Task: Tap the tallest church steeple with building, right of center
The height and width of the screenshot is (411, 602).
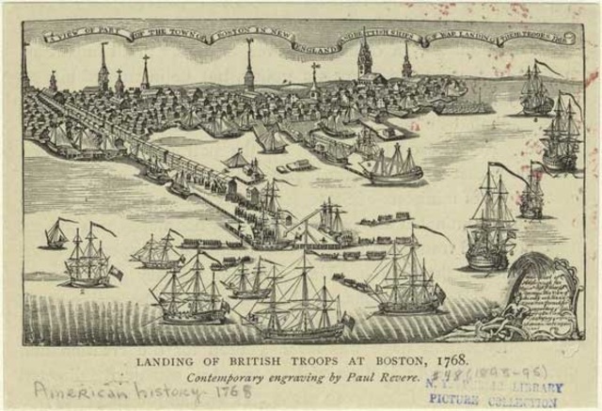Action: pyautogui.click(x=364, y=62)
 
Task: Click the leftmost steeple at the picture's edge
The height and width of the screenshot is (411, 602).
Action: pyautogui.click(x=26, y=71)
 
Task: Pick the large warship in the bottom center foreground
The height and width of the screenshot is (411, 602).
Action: pyautogui.click(x=301, y=301)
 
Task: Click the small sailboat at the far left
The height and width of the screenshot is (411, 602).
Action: pyautogui.click(x=56, y=235)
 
